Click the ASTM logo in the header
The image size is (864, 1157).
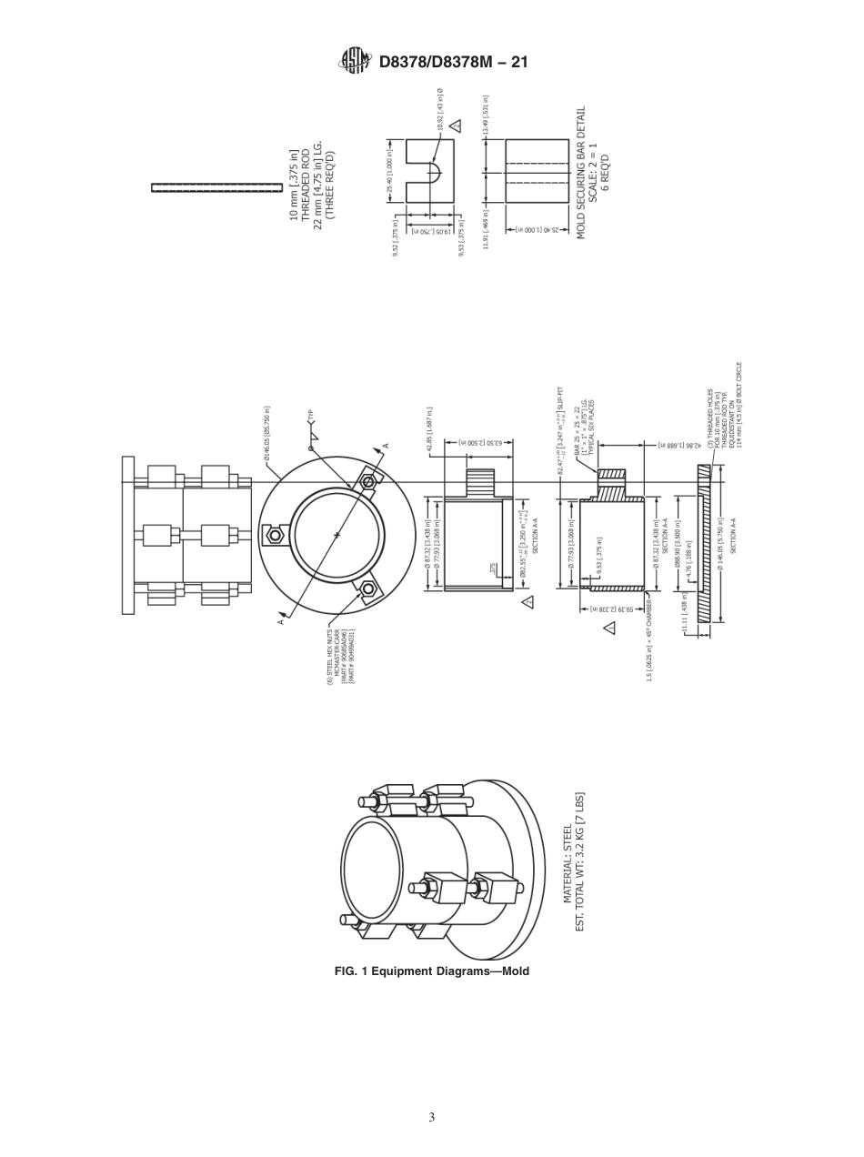click(354, 61)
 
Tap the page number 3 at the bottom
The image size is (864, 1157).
click(432, 1116)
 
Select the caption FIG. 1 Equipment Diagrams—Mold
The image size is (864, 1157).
click(432, 971)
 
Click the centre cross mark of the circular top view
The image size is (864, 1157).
click(337, 536)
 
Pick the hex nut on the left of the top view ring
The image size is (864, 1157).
click(272, 535)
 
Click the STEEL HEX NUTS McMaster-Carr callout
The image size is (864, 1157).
click(340, 655)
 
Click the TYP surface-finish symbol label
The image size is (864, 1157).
click(310, 414)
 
